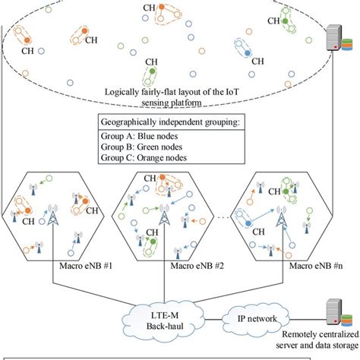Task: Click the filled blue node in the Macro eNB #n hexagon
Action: [x=248, y=225]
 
